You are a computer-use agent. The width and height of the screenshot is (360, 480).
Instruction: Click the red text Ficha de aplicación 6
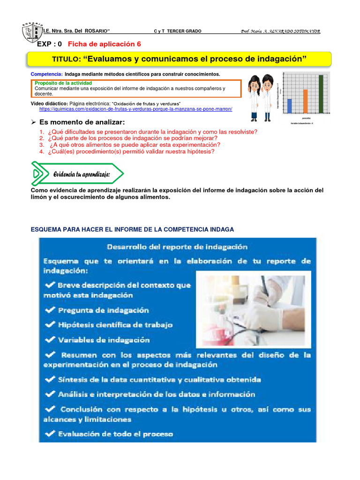click(x=104, y=44)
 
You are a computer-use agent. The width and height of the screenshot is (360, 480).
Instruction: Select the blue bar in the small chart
click(x=289, y=106)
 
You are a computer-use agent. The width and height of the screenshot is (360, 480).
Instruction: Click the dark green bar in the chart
click(x=321, y=94)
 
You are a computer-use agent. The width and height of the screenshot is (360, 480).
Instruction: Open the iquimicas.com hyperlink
click(x=135, y=109)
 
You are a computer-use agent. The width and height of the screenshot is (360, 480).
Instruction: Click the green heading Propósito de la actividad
click(x=67, y=83)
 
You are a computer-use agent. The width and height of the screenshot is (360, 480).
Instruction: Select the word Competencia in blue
click(x=46, y=75)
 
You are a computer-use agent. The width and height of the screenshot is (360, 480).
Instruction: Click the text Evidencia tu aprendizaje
click(x=82, y=174)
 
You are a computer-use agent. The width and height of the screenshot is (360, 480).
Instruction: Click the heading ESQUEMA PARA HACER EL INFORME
click(x=132, y=229)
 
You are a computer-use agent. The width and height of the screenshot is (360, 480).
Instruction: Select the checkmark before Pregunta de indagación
click(x=49, y=310)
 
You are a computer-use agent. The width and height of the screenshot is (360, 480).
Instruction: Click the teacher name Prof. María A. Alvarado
click(x=280, y=31)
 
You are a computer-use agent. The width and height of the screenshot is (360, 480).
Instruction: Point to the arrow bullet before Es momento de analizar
click(x=33, y=122)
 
